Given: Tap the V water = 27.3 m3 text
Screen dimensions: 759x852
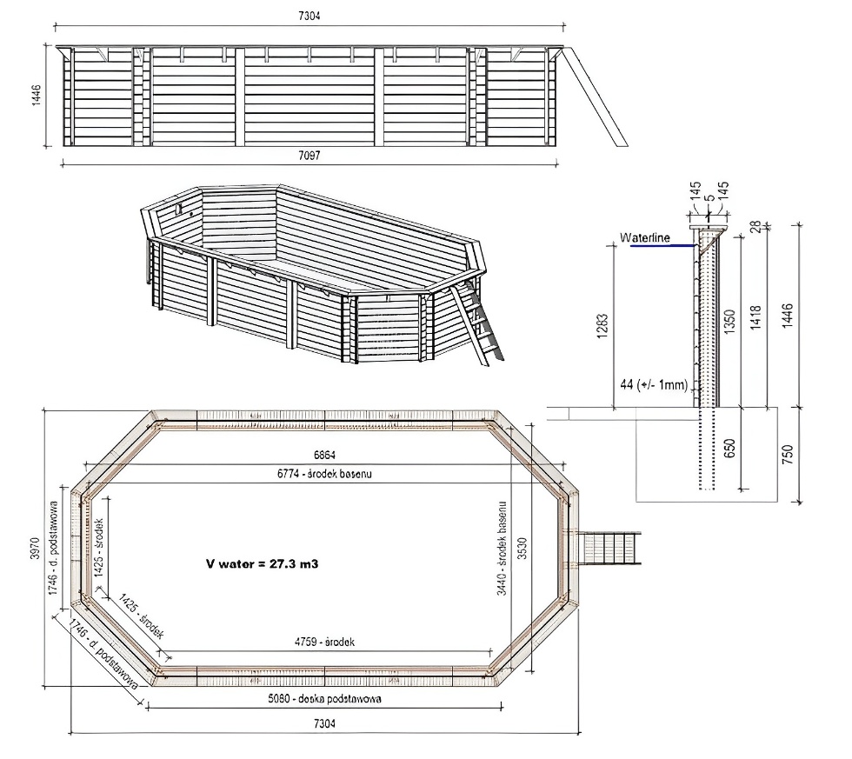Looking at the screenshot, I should click(x=262, y=563).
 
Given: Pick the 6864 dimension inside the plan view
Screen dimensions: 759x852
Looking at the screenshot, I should click(x=323, y=456).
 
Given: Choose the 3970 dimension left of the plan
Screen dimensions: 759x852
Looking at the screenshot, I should click(x=36, y=551).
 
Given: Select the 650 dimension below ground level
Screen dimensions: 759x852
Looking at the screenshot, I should click(x=730, y=448).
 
